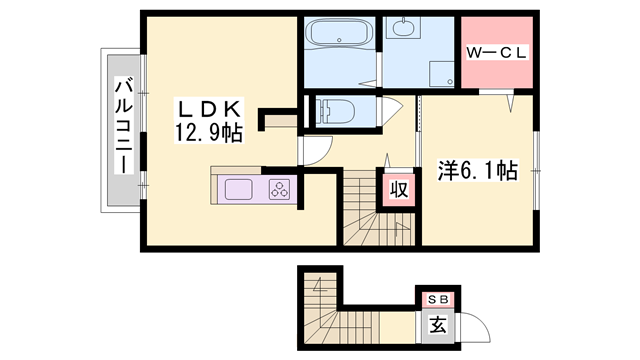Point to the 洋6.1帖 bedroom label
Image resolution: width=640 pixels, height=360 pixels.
(x=477, y=170)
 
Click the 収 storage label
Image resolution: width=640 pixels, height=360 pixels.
(x=397, y=190)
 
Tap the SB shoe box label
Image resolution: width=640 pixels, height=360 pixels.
(x=438, y=299)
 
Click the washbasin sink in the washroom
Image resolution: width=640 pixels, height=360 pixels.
(x=405, y=28)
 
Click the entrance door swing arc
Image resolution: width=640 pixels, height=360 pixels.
(x=477, y=331)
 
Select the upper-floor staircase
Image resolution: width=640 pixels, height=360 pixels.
(x=365, y=210)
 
